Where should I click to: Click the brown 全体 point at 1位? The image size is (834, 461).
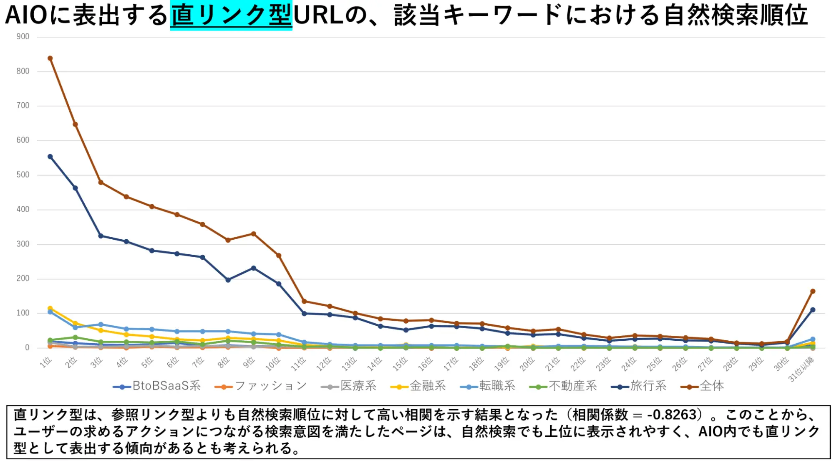tap(50, 58)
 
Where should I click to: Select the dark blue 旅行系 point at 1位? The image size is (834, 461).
tap(50, 157)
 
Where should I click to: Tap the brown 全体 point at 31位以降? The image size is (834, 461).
tap(812, 291)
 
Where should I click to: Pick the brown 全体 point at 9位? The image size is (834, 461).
tap(253, 234)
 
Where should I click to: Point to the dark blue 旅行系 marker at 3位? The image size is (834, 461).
tap(101, 236)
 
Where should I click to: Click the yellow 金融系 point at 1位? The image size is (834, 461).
tap(50, 308)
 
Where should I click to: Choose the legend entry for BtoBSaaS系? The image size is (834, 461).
tap(157, 386)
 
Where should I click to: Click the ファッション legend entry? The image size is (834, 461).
tap(261, 386)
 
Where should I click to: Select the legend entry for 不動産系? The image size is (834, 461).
tap(563, 386)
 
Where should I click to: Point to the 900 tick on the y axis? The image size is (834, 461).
tap(23, 37)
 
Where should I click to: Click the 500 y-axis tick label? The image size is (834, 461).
tap(23, 175)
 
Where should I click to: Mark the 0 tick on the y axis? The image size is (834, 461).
tap(27, 348)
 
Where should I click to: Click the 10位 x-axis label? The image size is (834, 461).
tap(273, 364)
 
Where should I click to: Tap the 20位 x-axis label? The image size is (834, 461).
tap(527, 364)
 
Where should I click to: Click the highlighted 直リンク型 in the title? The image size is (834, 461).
tap(231, 15)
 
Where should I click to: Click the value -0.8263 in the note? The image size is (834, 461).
tap(671, 415)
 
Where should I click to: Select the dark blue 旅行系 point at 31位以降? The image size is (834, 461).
tap(812, 310)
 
